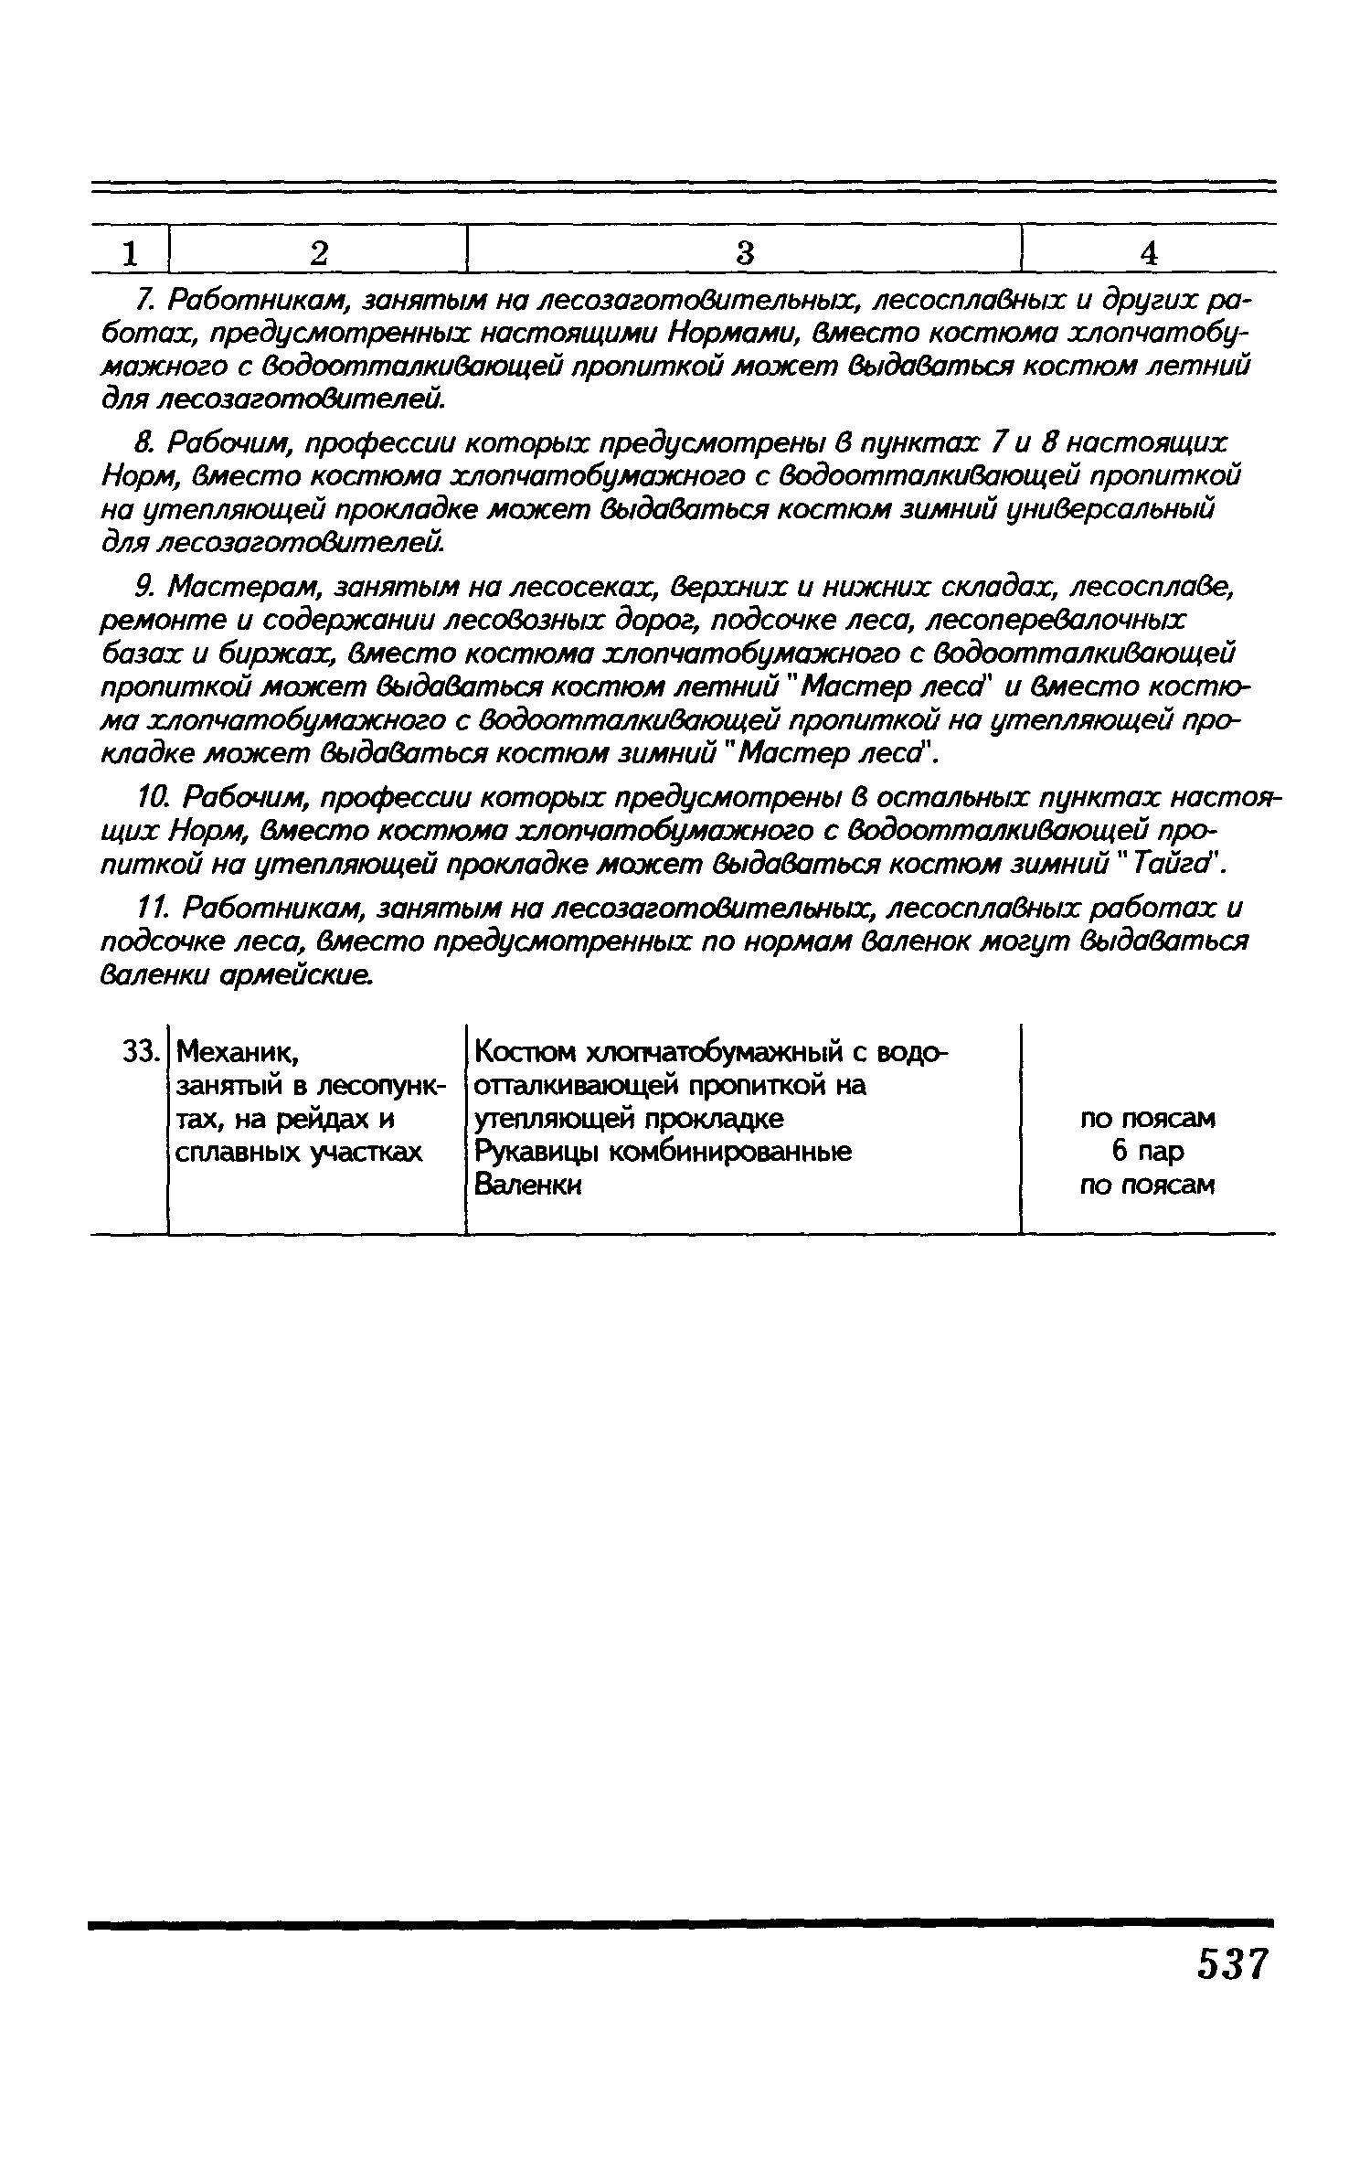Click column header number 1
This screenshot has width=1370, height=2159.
(131, 253)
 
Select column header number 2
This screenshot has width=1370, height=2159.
(318, 253)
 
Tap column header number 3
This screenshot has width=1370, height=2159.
(745, 253)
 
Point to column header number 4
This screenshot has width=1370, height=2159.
(1149, 253)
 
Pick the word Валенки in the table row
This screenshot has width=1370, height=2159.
(527, 1186)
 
